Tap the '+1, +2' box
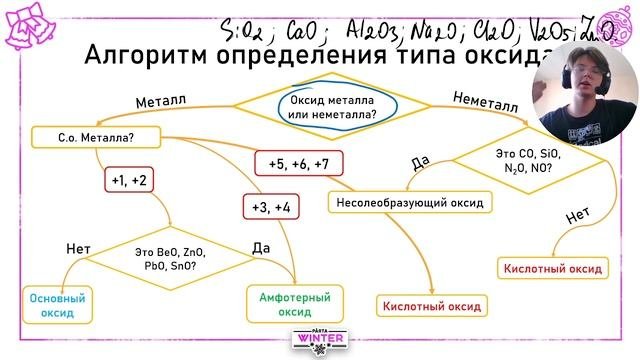click(131, 180)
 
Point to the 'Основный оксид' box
click(57, 305)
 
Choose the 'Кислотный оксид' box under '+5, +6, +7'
click(431, 306)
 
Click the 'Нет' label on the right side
click(576, 216)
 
